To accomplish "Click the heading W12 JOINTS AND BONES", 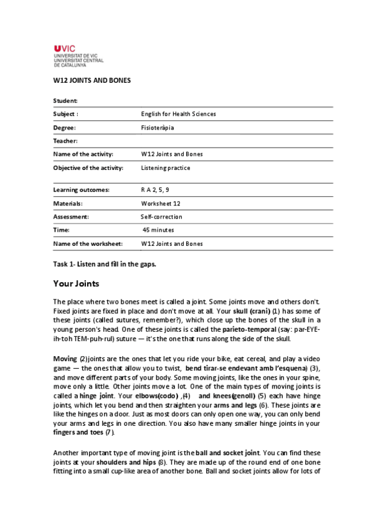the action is click(92, 81).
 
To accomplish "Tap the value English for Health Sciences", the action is click(179, 114).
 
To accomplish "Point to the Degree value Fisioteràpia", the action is click(158, 127).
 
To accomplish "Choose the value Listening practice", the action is click(166, 167).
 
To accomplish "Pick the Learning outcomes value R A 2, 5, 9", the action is click(155, 189).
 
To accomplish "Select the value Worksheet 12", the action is click(161, 203).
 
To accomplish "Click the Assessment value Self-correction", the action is click(162, 217).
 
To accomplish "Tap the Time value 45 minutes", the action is click(158, 230).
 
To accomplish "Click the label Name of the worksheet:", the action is click(87, 243).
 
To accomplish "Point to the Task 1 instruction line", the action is click(105, 264).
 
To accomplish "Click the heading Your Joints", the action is click(76, 284).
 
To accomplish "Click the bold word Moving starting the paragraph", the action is click(65, 360).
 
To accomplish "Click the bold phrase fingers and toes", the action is click(78, 432).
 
